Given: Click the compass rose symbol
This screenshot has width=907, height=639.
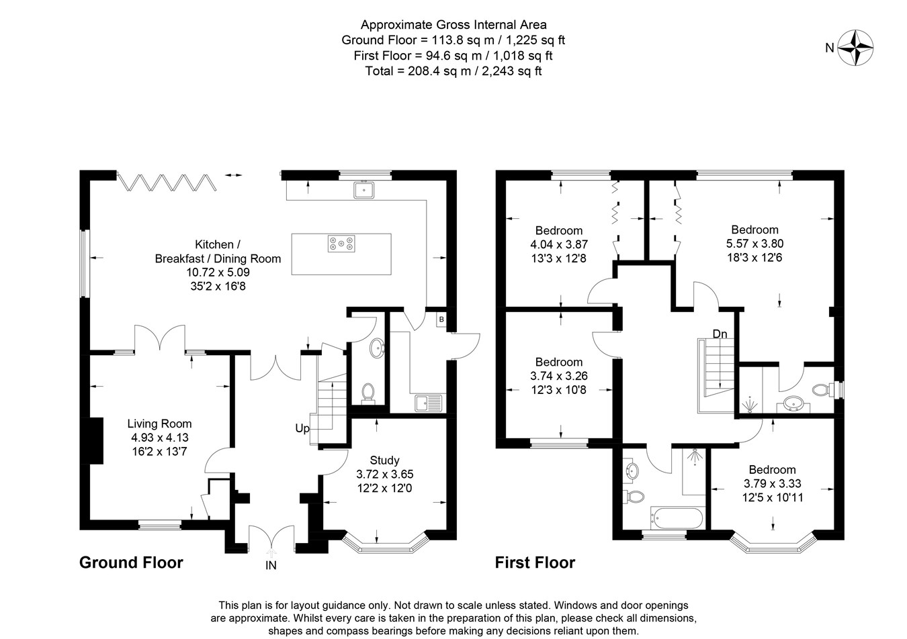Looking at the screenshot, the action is [x=855, y=48].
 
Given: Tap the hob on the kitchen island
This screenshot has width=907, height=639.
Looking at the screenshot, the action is [x=341, y=244].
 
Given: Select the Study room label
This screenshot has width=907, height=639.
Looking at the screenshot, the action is [x=384, y=460].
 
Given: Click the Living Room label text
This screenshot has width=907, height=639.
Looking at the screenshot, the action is [x=159, y=424].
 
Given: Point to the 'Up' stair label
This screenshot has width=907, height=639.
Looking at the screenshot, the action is [x=302, y=428].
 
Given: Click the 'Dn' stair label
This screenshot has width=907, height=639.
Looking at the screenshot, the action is [x=720, y=334].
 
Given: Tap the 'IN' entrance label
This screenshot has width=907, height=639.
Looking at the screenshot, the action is [x=271, y=565].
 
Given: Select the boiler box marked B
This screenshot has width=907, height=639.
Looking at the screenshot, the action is [x=441, y=319].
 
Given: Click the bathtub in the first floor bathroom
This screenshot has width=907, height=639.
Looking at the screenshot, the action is [x=677, y=518].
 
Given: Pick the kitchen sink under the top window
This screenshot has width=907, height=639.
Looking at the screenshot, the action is [x=364, y=190].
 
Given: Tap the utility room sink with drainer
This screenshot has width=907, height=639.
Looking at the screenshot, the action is [x=429, y=403].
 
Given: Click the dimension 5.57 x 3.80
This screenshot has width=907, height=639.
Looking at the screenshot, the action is [x=754, y=244].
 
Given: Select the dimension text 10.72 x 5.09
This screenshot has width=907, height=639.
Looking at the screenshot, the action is [x=218, y=273].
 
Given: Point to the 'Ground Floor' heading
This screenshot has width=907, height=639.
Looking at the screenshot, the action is [x=131, y=562].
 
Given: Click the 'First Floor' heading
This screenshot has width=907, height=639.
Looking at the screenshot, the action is [x=535, y=562].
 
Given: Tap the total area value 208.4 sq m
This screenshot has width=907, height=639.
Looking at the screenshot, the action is [x=439, y=71].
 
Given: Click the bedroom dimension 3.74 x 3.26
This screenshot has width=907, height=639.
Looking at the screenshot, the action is [x=559, y=376].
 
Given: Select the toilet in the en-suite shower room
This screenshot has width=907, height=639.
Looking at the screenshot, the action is [x=822, y=390].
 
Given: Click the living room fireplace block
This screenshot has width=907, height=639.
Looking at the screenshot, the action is [x=93, y=440].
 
